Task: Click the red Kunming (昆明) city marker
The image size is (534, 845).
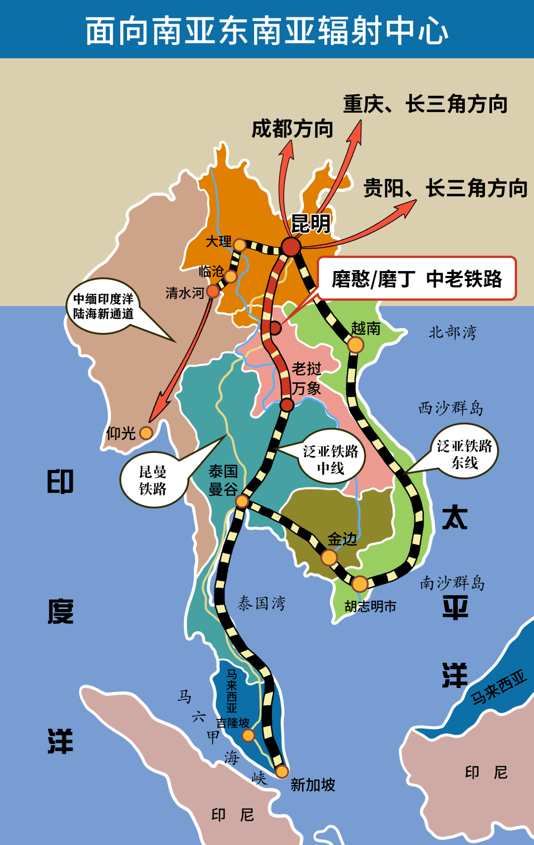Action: [291, 246]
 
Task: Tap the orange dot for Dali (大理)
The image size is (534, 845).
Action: [239, 245]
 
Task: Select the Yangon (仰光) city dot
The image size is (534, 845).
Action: [146, 433]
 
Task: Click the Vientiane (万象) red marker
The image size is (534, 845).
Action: [287, 405]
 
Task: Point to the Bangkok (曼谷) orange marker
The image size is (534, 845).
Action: [242, 501]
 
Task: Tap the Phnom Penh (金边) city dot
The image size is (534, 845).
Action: [329, 558]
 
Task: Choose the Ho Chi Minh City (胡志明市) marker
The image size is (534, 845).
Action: [359, 584]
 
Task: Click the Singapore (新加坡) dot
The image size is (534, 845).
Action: [282, 771]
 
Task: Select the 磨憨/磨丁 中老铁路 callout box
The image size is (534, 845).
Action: [416, 279]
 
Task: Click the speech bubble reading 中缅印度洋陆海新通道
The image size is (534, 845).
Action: [103, 306]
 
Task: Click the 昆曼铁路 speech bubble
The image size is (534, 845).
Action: [153, 480]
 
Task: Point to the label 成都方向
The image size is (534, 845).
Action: [292, 129]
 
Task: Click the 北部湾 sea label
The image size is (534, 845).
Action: [452, 332]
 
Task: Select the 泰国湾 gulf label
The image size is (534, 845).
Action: [262, 603]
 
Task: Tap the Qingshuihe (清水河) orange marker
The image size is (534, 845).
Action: [213, 291]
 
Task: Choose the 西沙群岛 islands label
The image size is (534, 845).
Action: [450, 408]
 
